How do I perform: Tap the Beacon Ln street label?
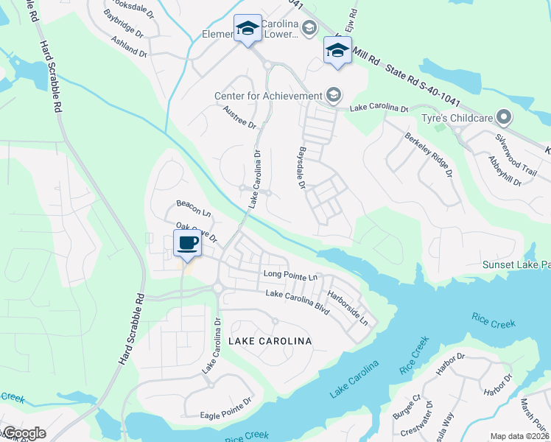[x=194, y=208]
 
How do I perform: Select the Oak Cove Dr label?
[x=197, y=233]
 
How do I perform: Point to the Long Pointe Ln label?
[x=290, y=276]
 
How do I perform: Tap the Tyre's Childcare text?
[x=463, y=118]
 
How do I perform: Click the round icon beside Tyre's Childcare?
[x=505, y=118]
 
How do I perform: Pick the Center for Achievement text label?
[x=268, y=96]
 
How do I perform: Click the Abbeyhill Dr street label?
[x=505, y=172]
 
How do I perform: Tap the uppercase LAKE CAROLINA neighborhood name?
[x=270, y=341]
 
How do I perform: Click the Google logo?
[x=24, y=433]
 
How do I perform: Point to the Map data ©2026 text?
[x=519, y=436]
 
